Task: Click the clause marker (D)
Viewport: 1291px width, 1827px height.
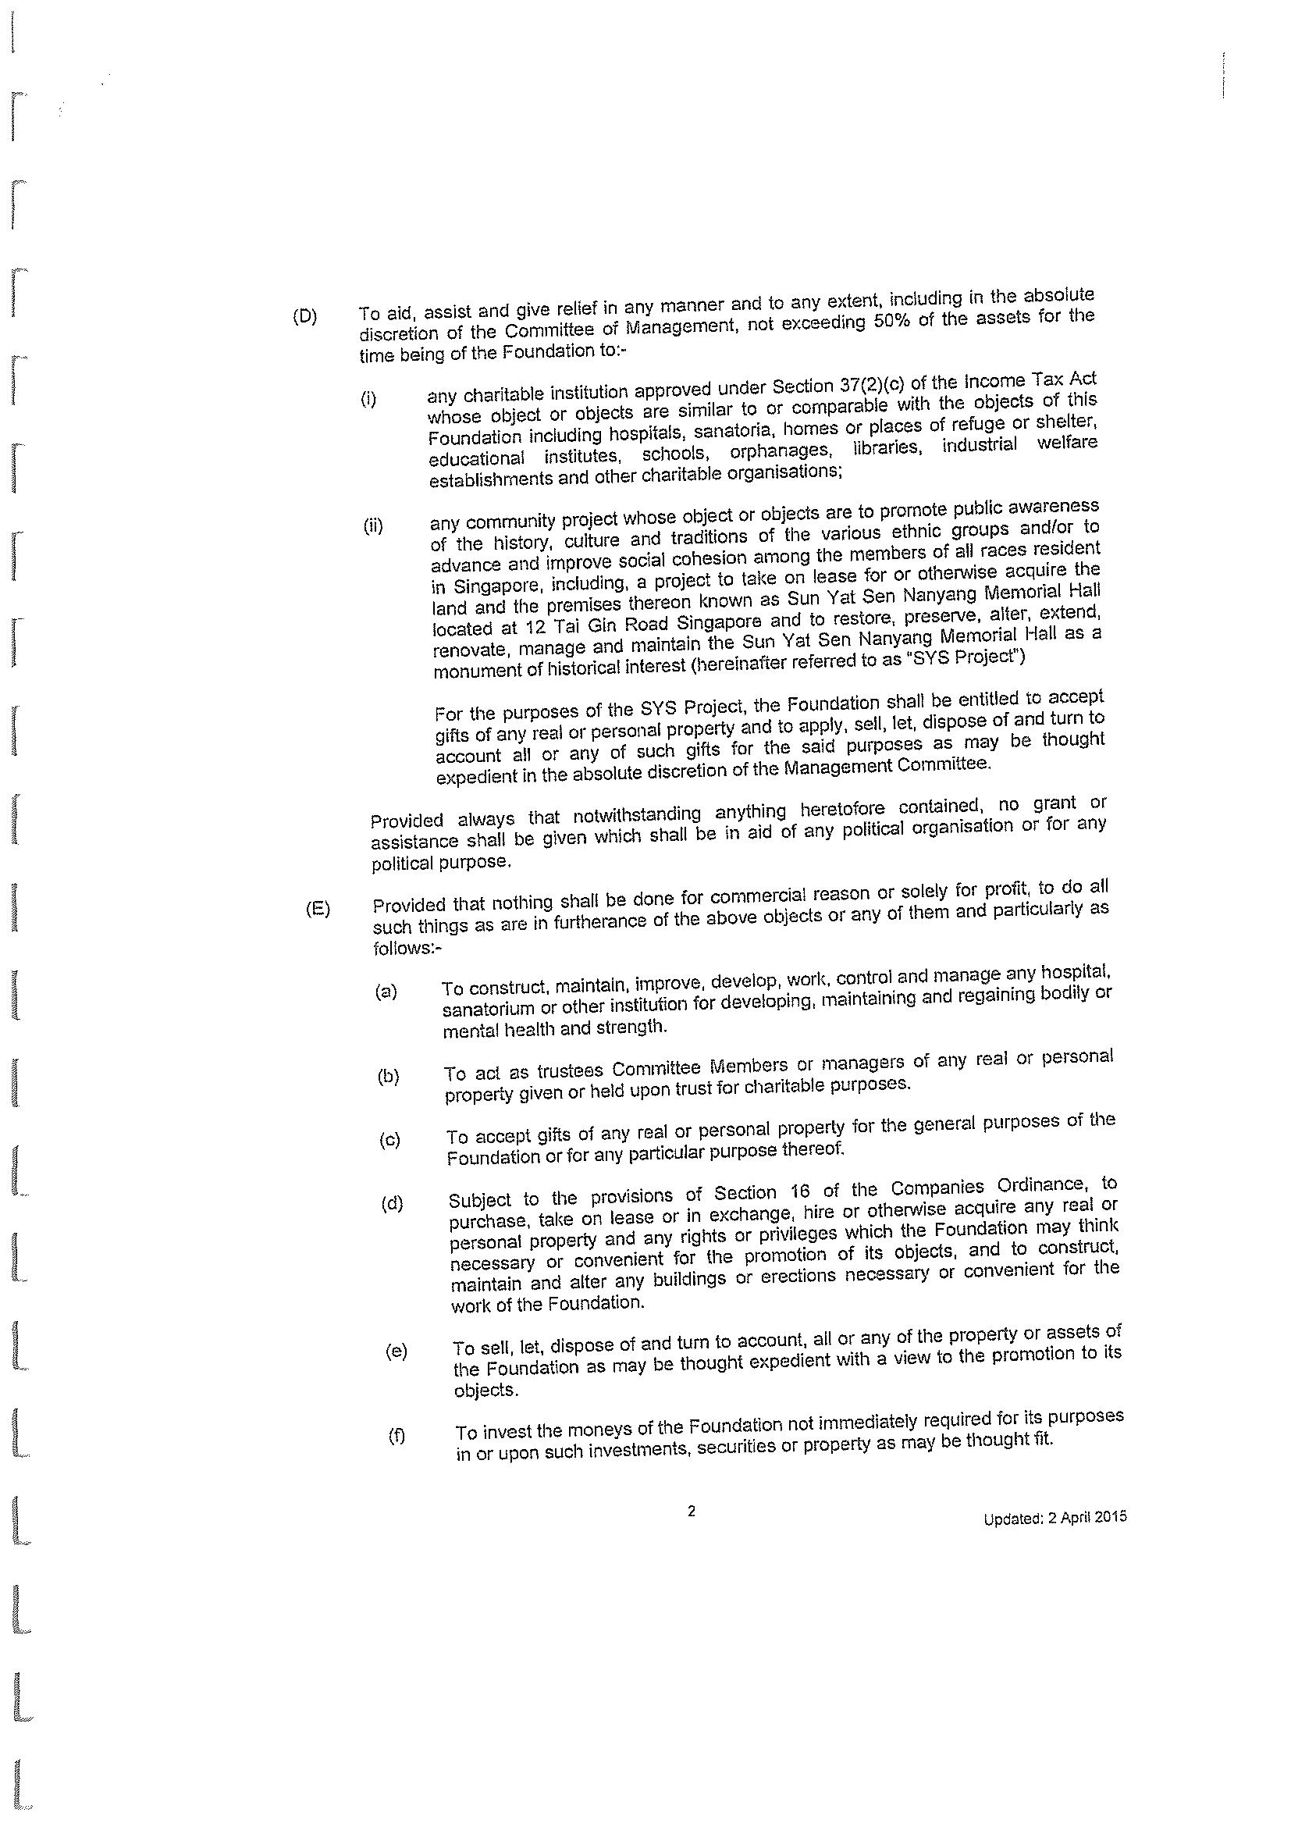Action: click(x=304, y=317)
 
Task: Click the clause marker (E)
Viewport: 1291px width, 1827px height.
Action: click(x=318, y=910)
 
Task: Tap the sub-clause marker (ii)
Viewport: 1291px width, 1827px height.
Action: click(x=373, y=526)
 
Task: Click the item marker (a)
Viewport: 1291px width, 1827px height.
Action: click(x=386, y=992)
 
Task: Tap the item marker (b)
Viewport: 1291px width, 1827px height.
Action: click(x=388, y=1077)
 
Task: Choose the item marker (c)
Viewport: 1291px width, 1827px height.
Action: click(x=389, y=1140)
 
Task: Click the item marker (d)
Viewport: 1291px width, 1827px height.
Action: click(x=392, y=1203)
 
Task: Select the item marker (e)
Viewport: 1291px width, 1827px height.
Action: click(x=395, y=1352)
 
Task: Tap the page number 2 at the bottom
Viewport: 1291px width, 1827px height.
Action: click(x=692, y=1510)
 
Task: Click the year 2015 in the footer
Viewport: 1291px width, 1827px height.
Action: click(x=1111, y=1518)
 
